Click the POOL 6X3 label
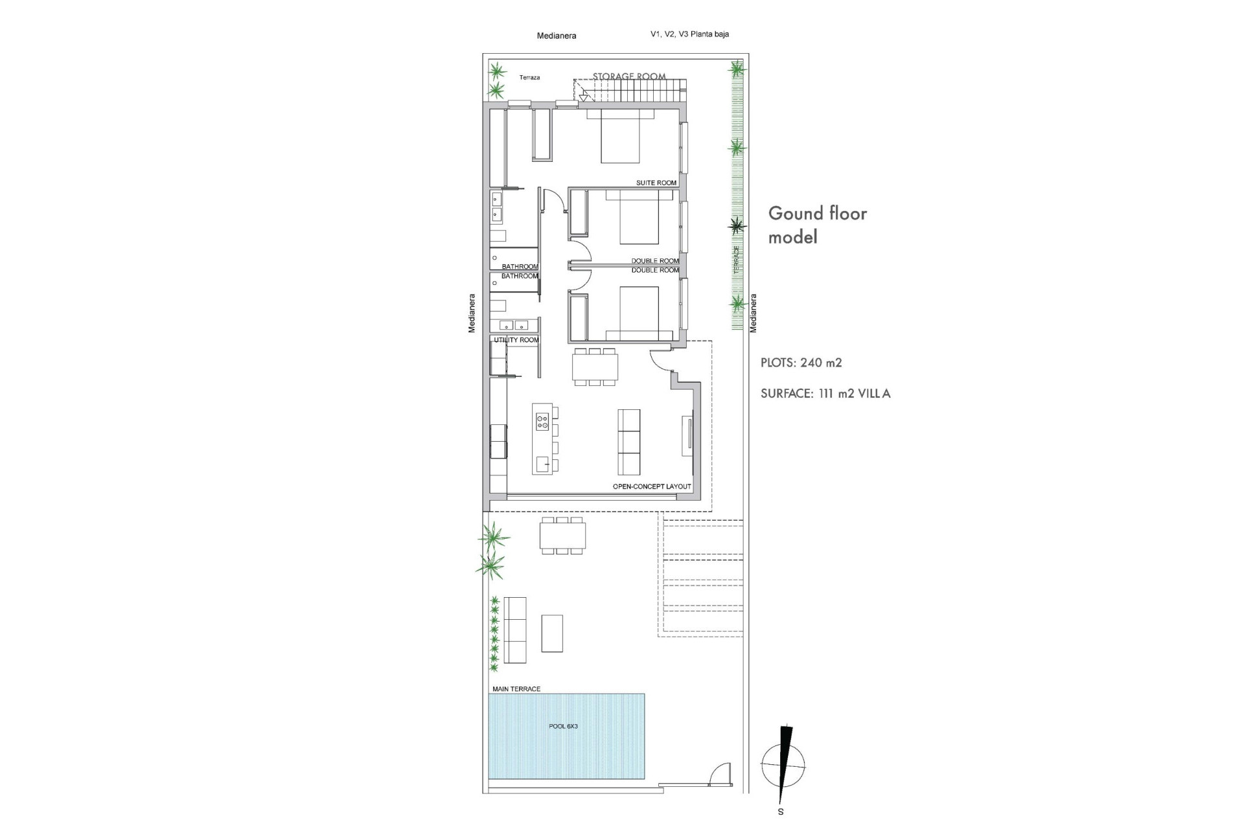[x=563, y=726]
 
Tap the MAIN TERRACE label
[x=516, y=689]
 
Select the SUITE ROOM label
[x=656, y=183]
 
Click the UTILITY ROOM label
[x=516, y=340]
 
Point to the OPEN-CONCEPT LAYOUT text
[x=651, y=486]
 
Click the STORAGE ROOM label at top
[x=628, y=76]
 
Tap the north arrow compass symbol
[x=784, y=763]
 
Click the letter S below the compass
[x=781, y=812]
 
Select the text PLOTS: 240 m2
[x=801, y=363]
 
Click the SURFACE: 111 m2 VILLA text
[x=825, y=393]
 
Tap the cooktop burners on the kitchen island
[x=542, y=422]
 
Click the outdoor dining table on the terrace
[x=562, y=536]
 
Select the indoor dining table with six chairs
[x=595, y=367]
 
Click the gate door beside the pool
[x=719, y=775]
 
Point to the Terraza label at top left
[x=529, y=78]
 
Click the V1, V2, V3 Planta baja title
[x=689, y=34]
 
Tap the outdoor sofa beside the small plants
[x=515, y=630]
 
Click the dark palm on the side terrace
[x=737, y=225]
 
